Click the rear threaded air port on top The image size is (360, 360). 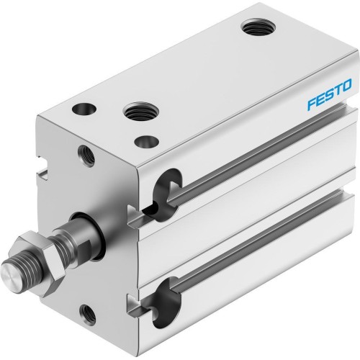coord(254,30)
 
